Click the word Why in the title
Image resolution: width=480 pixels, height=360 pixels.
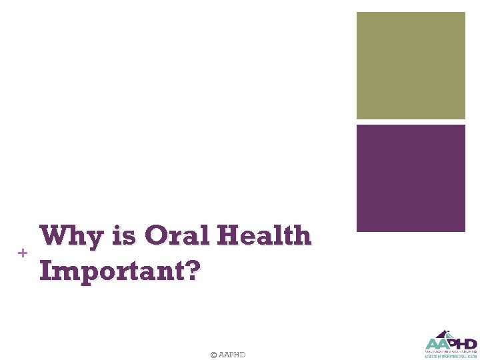coord(70,237)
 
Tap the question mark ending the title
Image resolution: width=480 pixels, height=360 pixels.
coord(191,271)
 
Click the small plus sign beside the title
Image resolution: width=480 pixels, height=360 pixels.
coord(23,253)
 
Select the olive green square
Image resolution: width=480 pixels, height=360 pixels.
coord(411,65)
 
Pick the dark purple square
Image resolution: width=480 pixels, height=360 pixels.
coord(411,178)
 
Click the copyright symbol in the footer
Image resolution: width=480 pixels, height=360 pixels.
coord(213,355)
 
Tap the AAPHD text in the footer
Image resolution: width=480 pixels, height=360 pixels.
coord(232,355)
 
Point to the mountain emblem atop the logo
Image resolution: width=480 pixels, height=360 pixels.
coord(443,334)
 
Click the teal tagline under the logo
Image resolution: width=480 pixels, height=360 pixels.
coord(451,357)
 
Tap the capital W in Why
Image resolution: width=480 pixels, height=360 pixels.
coord(54,236)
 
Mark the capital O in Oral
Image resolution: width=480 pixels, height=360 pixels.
coord(156,236)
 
